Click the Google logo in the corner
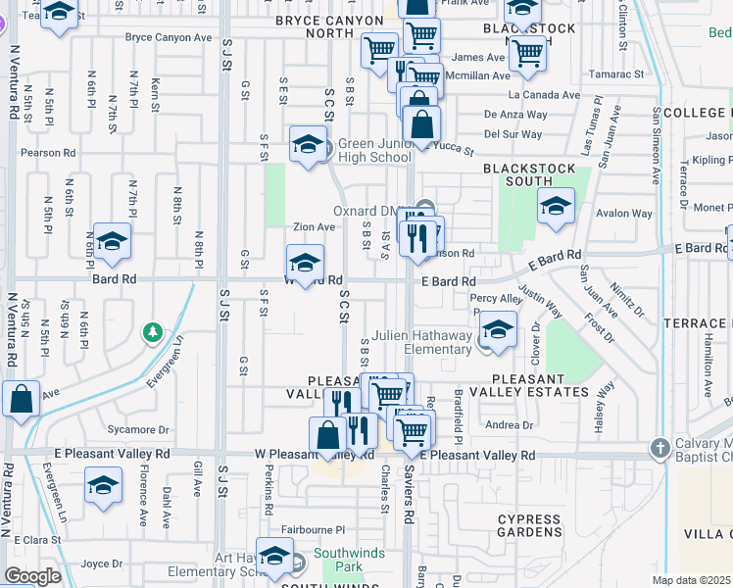(32, 576)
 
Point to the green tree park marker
(152, 333)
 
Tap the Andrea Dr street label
(509, 424)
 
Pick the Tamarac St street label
(617, 73)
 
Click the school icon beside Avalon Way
(556, 207)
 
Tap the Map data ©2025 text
(692, 580)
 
